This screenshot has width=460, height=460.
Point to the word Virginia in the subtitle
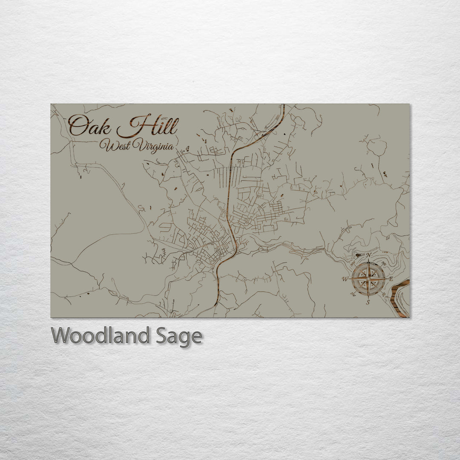point(153,147)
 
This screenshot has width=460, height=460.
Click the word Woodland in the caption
point(100,336)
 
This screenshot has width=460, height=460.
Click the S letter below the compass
point(368,302)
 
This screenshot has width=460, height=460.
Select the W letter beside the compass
point(345,279)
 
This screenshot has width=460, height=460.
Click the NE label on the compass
point(384,263)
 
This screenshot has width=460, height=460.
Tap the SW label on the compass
point(353,294)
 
